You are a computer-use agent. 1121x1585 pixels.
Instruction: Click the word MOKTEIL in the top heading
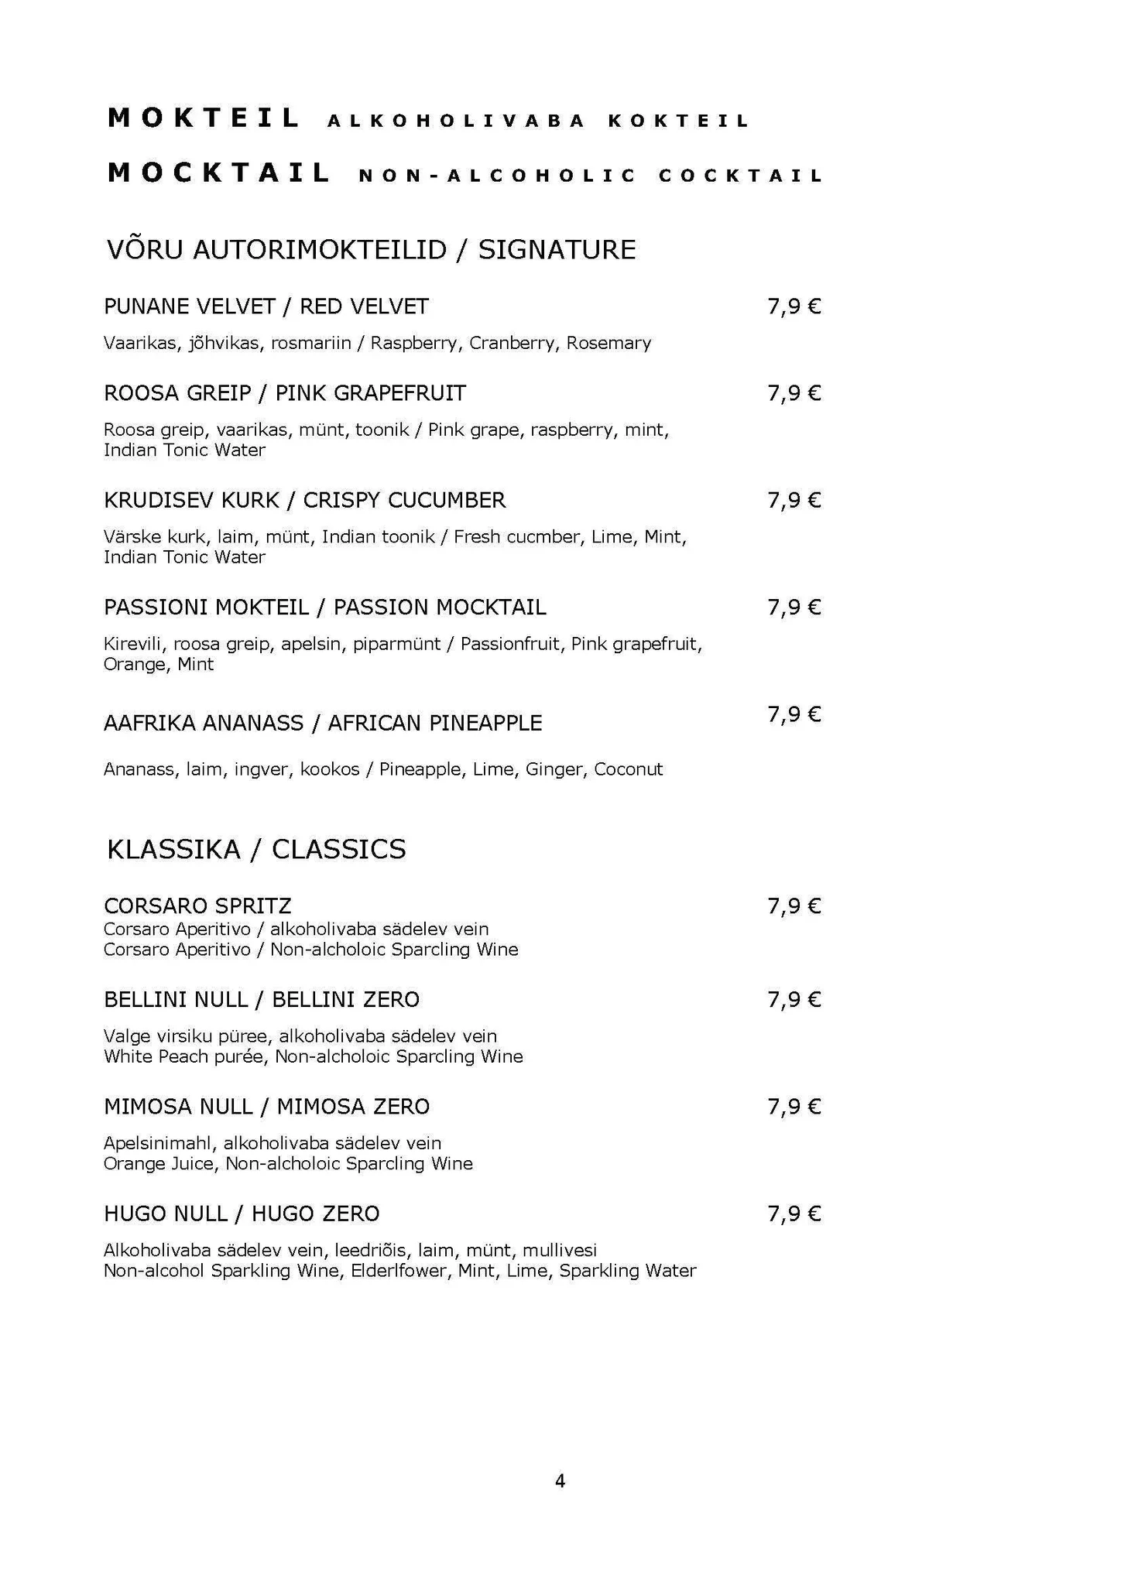click(x=204, y=118)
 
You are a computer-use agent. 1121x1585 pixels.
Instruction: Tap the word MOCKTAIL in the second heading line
click(x=219, y=173)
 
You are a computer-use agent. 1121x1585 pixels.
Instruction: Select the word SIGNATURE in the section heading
click(x=557, y=249)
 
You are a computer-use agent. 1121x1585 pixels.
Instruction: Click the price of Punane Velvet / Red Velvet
click(x=794, y=307)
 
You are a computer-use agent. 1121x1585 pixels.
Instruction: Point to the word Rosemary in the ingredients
click(x=608, y=343)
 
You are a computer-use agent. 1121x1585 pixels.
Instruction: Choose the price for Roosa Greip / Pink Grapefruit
click(x=794, y=394)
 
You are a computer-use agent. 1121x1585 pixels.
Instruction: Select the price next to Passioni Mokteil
click(x=794, y=608)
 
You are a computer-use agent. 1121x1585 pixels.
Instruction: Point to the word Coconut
click(x=628, y=769)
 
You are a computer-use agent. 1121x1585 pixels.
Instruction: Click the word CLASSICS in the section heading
click(x=338, y=850)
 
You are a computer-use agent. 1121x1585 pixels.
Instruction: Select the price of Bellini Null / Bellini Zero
click(x=794, y=1000)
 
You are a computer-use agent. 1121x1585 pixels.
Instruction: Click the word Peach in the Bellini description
click(x=183, y=1056)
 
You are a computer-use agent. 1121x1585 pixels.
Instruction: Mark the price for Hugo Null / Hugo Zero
click(x=794, y=1214)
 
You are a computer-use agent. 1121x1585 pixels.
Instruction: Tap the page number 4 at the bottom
click(x=560, y=1481)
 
